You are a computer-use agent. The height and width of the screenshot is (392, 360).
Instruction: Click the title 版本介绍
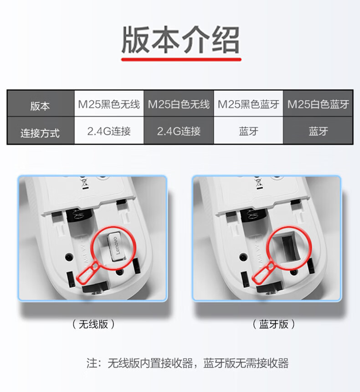pyautogui.click(x=180, y=40)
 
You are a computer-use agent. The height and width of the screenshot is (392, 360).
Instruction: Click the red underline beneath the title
pyautogui.click(x=181, y=60)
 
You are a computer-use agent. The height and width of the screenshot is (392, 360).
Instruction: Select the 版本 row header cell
pyautogui.click(x=41, y=104)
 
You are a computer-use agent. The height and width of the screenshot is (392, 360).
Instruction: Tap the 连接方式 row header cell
pyautogui.click(x=41, y=131)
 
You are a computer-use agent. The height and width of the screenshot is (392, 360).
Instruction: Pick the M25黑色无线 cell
pyautogui.click(x=109, y=104)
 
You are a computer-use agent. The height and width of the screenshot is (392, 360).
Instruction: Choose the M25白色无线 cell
pyautogui.click(x=179, y=104)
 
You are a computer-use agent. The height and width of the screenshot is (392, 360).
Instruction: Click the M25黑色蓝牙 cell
pyautogui.click(x=248, y=104)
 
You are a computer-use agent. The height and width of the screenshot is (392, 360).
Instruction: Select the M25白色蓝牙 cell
pyautogui.click(x=318, y=104)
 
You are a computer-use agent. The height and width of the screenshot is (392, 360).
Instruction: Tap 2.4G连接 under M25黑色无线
pyautogui.click(x=109, y=131)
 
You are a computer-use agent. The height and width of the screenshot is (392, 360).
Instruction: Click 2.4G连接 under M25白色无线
pyautogui.click(x=179, y=131)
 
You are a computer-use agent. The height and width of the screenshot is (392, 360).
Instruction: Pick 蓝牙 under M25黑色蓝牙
pyautogui.click(x=248, y=131)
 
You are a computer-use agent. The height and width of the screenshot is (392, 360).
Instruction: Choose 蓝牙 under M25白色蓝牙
pyautogui.click(x=318, y=131)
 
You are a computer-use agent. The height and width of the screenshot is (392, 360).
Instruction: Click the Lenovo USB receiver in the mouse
pyautogui.click(x=116, y=247)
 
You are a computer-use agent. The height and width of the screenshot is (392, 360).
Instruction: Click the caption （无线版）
pyautogui.click(x=93, y=324)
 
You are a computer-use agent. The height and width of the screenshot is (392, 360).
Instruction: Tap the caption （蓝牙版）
pyautogui.click(x=274, y=324)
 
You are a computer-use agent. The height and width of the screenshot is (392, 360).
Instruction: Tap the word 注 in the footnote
pyautogui.click(x=92, y=363)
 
